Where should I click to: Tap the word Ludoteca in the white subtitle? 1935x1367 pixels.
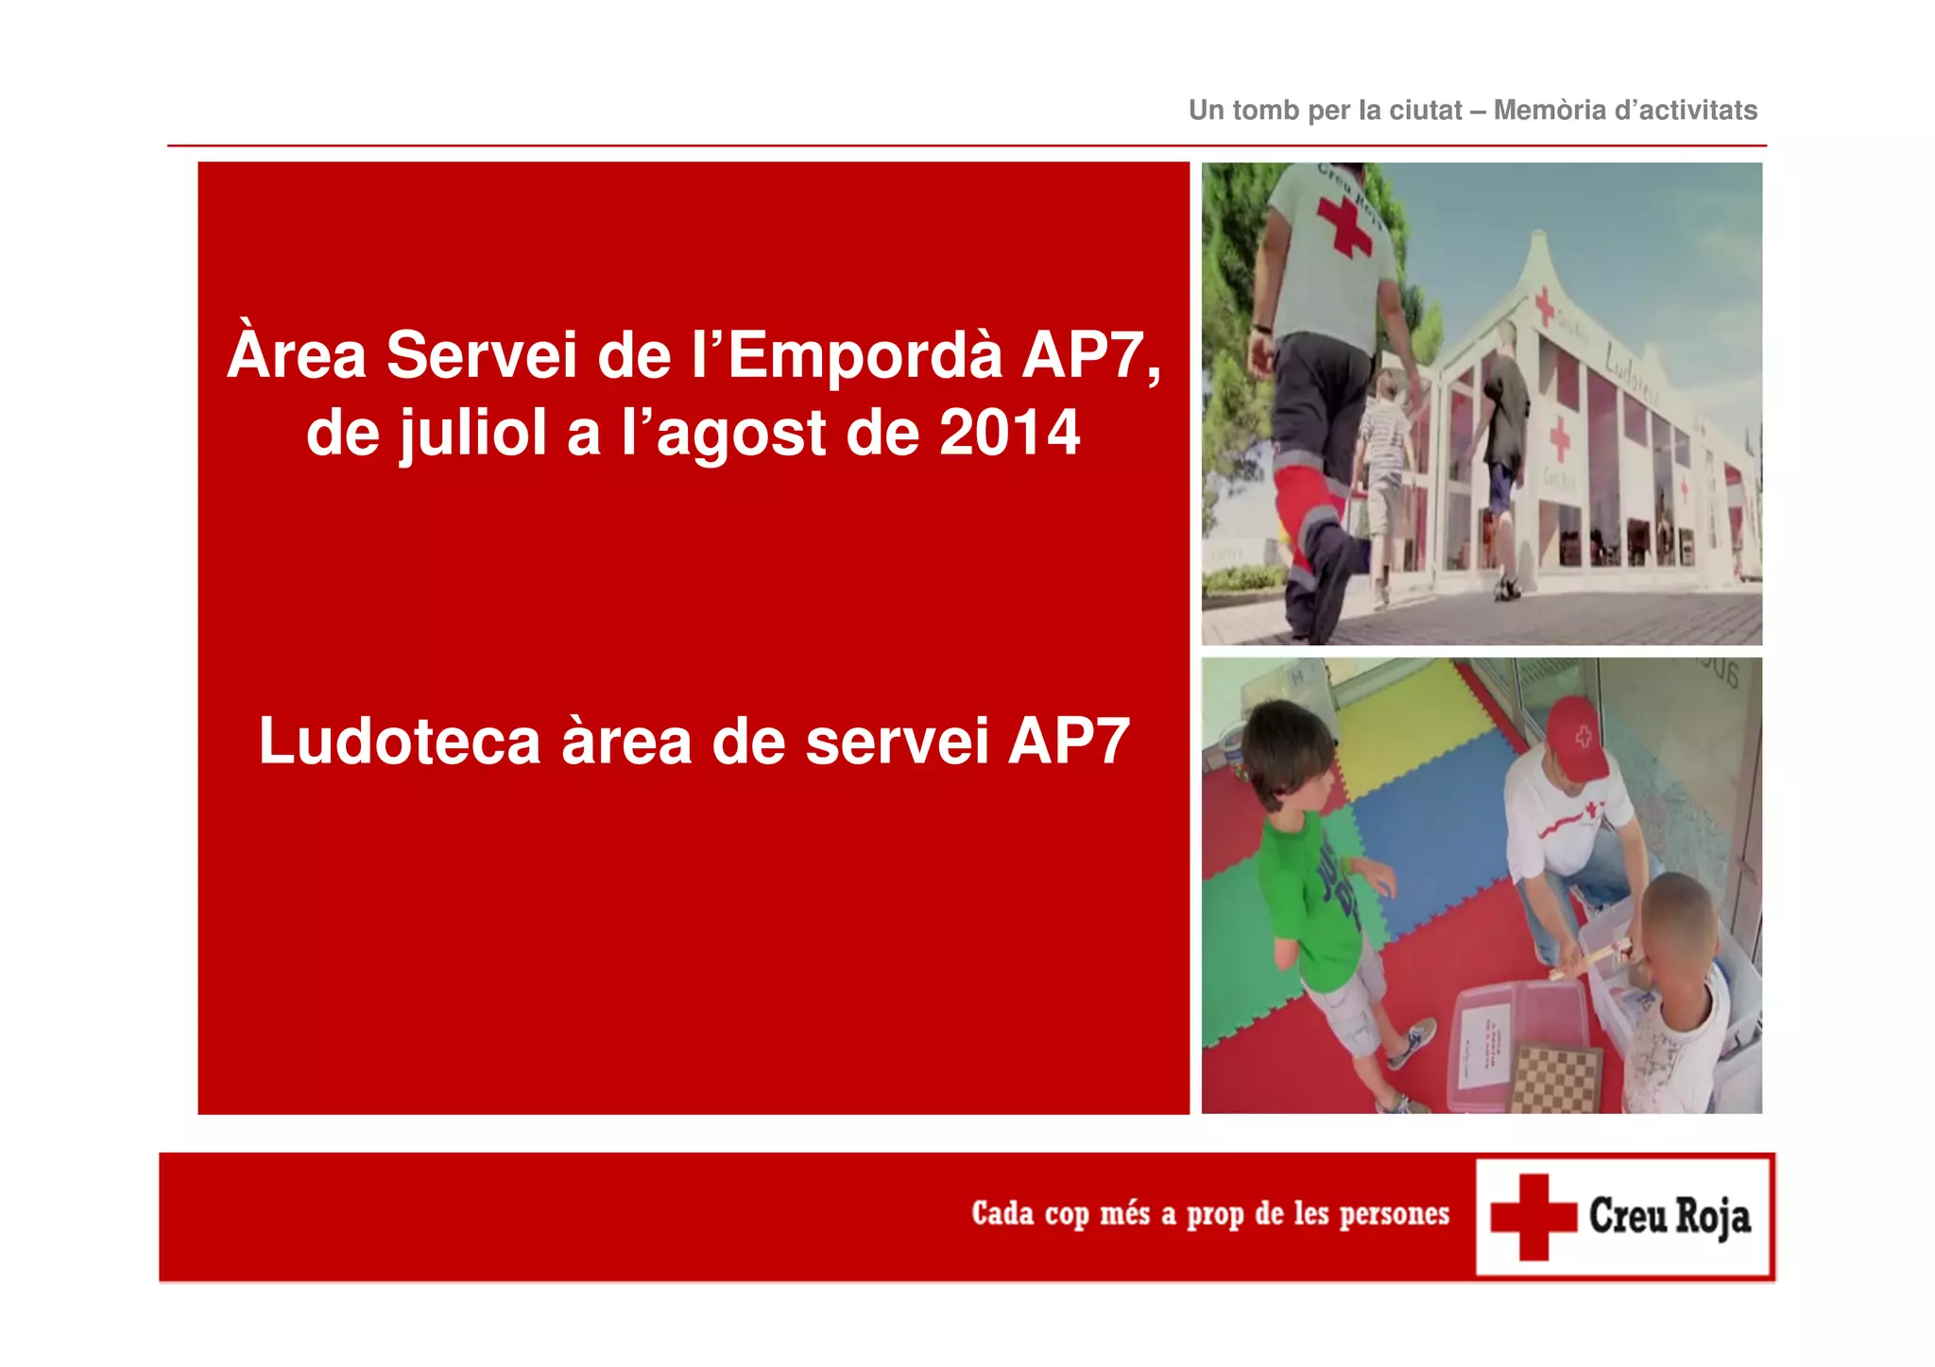(399, 741)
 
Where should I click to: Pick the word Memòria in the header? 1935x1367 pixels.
(1550, 111)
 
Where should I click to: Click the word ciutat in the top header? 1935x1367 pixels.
(1426, 111)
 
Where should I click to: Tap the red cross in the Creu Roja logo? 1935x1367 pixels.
(1533, 1217)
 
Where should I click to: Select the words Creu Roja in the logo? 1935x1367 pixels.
(1670, 1217)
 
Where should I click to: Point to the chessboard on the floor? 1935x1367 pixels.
(1554, 1078)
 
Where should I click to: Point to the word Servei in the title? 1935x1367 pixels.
(482, 356)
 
